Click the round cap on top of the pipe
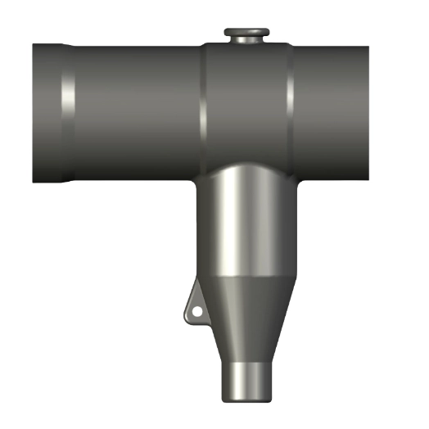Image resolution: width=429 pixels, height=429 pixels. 247,32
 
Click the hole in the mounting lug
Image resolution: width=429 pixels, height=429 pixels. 196,310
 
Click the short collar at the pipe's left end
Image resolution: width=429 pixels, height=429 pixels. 47,112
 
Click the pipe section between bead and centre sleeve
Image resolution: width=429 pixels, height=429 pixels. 135,112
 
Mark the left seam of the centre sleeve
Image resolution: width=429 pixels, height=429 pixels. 203,106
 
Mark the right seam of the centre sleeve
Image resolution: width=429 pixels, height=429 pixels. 291,106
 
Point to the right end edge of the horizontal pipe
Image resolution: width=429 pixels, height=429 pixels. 368,112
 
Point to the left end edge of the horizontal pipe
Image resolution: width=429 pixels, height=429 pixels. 34,112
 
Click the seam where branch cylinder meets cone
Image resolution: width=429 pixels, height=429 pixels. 246,276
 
